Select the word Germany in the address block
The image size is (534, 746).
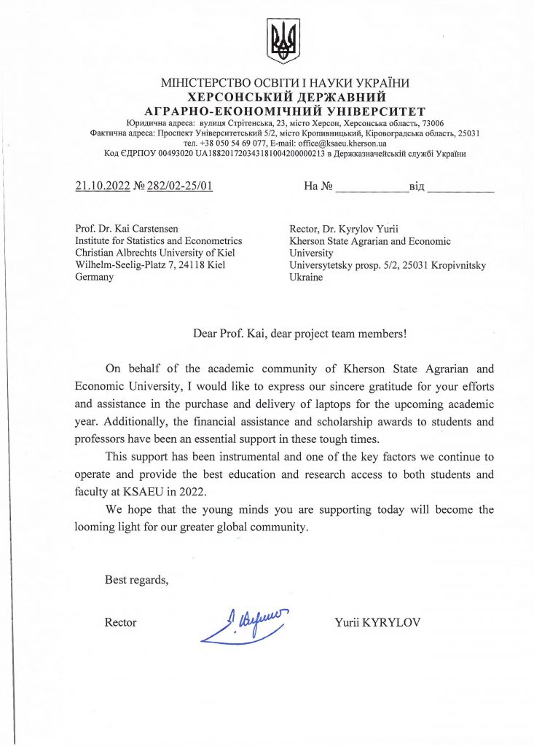[95, 278]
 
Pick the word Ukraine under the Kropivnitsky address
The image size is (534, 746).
[306, 278]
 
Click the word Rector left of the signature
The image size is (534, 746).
[121, 622]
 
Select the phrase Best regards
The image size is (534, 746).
[136, 580]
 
